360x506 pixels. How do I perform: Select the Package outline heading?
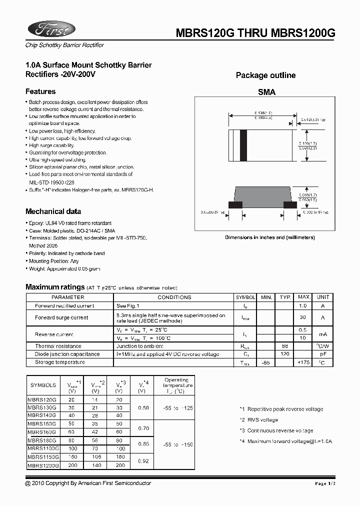265,75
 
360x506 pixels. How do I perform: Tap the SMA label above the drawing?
266,92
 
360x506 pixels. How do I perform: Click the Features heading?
40,91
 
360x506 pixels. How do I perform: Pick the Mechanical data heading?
53,211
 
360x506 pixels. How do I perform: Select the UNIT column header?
323,297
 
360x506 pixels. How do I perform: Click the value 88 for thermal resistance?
285,346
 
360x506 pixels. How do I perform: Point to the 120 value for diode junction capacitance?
285,354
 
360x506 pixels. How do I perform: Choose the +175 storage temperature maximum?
303,362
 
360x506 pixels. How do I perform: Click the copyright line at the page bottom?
88,483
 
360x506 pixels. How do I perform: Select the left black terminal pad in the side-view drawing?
235,204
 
